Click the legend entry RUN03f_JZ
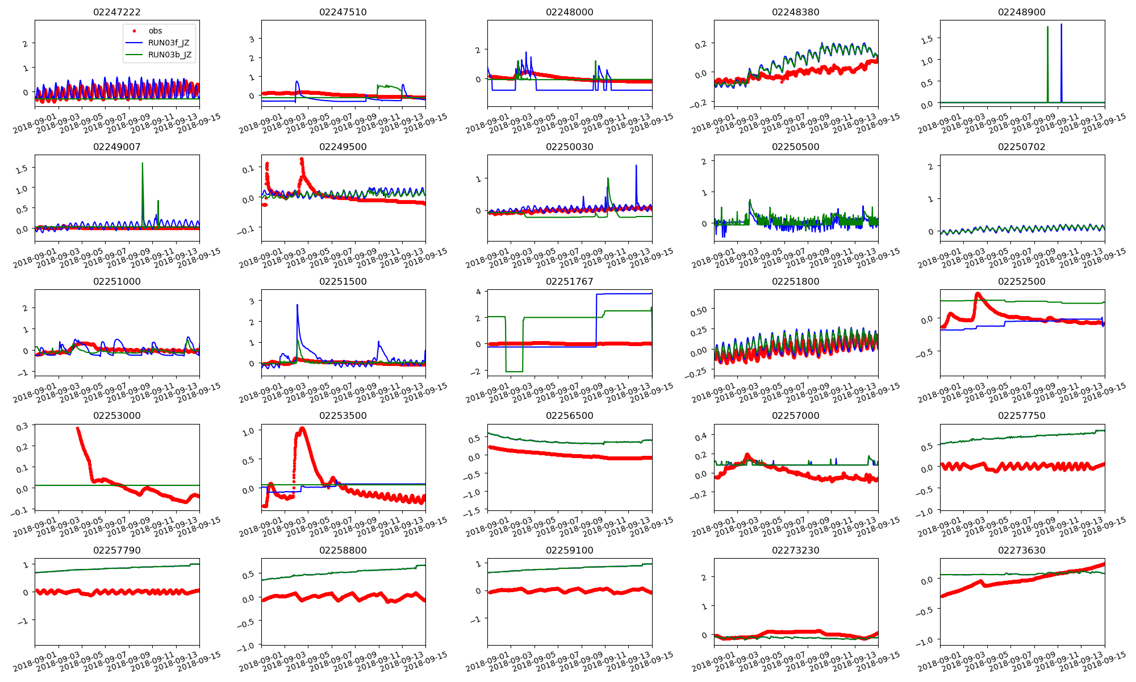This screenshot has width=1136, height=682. tap(169, 43)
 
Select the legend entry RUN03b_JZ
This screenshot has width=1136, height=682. tap(169, 55)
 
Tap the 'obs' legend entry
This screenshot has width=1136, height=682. tap(155, 31)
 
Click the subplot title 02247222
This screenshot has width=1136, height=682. tap(117, 12)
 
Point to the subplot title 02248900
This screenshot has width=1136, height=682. tap(1022, 12)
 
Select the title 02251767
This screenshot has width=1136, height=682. tap(569, 281)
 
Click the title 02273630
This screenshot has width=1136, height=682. tap(1022, 550)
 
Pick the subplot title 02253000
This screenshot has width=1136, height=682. tap(117, 415)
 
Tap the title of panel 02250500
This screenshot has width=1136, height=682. tap(795, 147)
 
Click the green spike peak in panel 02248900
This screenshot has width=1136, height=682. tap(1047, 27)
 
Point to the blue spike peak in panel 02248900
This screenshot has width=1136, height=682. tap(1061, 24)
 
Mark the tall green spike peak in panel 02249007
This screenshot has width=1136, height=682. tap(143, 163)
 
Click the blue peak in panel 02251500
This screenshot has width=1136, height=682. tap(297, 305)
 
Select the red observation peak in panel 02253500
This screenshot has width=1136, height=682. tap(302, 428)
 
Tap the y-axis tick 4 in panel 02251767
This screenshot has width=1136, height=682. tap(478, 292)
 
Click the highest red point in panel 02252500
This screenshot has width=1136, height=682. tap(978, 294)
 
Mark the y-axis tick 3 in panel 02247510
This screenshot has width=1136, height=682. tap(252, 39)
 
